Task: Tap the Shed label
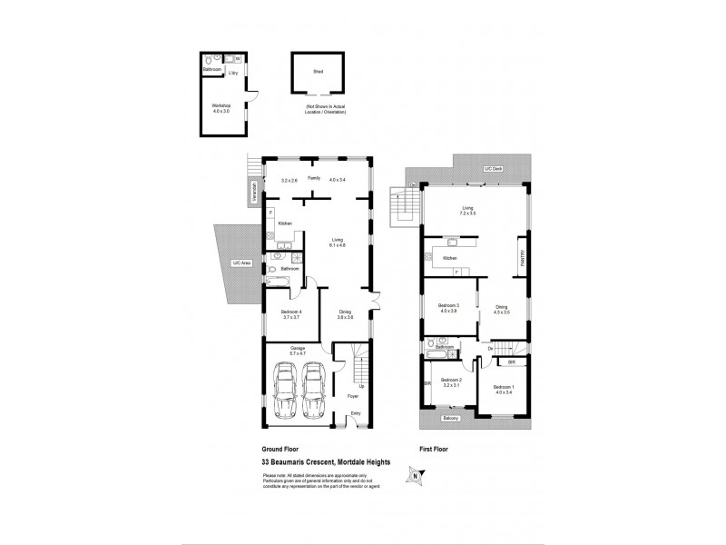point(318,70)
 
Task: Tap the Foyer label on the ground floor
point(353,396)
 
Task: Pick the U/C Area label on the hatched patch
point(241,263)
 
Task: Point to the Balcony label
point(449,418)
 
